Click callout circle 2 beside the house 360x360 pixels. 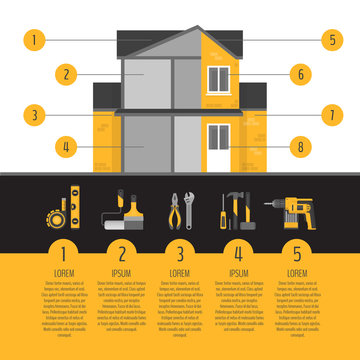65,73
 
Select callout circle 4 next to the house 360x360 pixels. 65,147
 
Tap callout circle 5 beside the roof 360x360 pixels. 332,41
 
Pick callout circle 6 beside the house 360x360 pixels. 299,73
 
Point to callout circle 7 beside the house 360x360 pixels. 332,114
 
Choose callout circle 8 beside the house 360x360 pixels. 299,147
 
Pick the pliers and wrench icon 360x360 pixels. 180,208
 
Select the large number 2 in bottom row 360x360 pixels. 122,253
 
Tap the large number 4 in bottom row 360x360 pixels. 239,253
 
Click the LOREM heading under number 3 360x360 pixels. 180,272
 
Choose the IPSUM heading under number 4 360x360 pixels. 239,272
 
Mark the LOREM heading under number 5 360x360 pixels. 297,272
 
